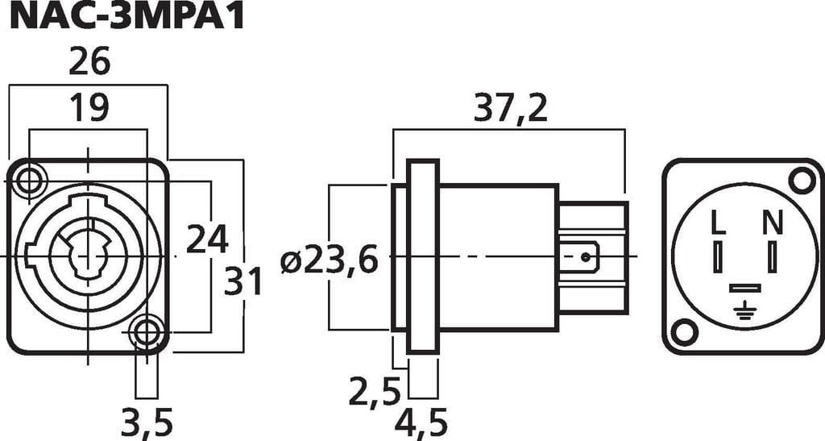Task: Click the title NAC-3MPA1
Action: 126,17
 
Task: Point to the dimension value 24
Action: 207,239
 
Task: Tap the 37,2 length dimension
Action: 510,109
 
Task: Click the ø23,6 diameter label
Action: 330,260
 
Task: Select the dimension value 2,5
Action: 375,391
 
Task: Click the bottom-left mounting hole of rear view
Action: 684,331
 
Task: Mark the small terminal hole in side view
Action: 585,257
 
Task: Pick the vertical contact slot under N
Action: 772,257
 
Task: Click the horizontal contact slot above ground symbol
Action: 744,289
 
